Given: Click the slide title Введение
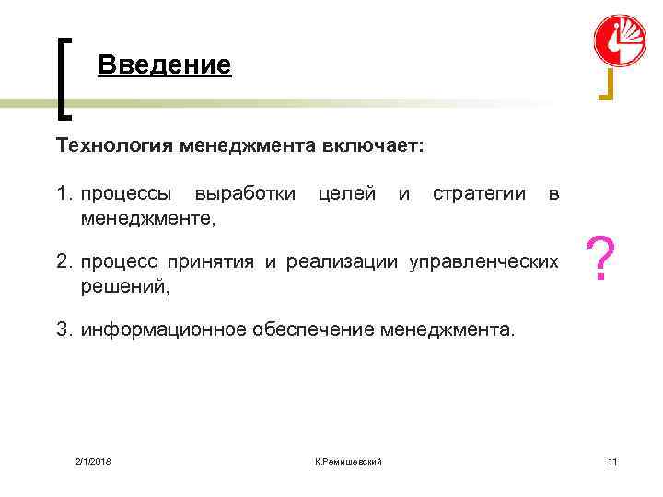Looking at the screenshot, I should [164, 65].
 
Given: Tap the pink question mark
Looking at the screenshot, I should [601, 260].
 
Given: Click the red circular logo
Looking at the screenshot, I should [620, 41].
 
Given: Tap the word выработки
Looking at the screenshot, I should [245, 194].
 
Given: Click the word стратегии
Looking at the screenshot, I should [479, 194].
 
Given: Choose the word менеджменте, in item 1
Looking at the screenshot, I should [148, 218].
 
